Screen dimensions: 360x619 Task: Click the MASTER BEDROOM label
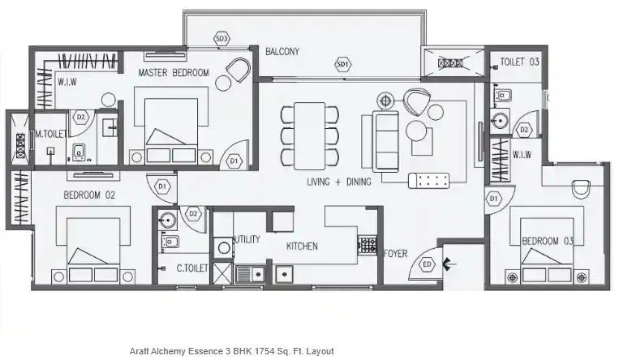click(174, 73)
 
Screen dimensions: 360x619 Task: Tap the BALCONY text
click(282, 52)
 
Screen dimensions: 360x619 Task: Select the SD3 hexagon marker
click(221, 39)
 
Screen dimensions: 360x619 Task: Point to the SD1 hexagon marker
click(342, 64)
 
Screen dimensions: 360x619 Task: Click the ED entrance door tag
click(428, 264)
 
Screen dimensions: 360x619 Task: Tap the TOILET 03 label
click(519, 62)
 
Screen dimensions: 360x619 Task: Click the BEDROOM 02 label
click(91, 195)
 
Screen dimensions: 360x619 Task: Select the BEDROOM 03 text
click(548, 241)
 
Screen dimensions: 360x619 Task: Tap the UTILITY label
click(246, 239)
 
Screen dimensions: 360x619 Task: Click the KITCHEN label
click(301, 246)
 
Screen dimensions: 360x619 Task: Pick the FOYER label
click(395, 253)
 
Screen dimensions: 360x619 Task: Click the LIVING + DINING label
click(338, 182)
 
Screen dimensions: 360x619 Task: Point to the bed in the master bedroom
click(171, 130)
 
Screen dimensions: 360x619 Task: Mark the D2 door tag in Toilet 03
click(525, 130)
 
